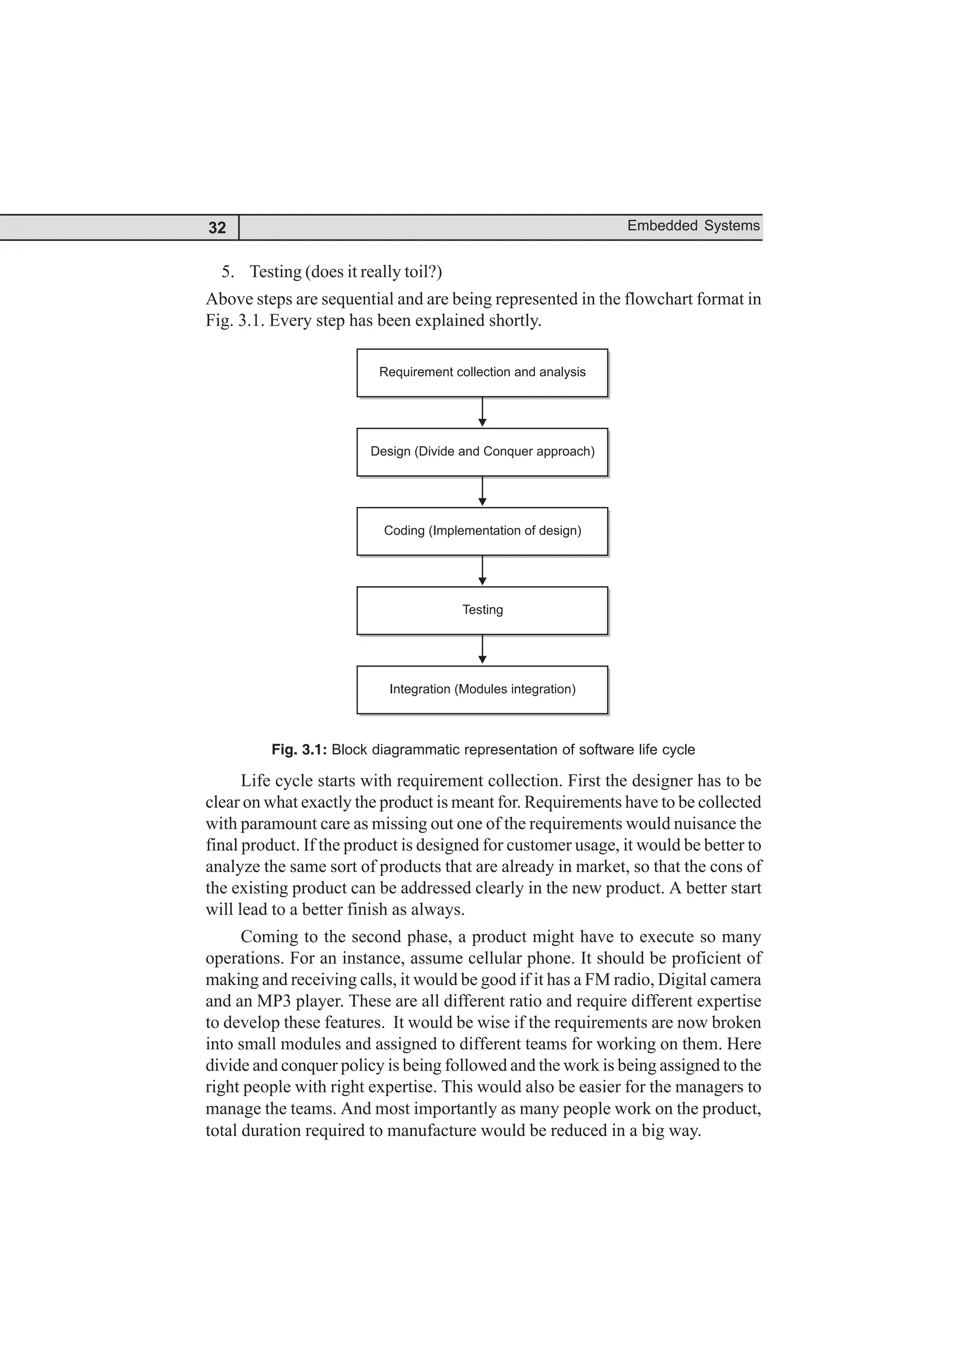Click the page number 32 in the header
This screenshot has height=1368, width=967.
(217, 228)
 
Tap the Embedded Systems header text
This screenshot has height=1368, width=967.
(693, 226)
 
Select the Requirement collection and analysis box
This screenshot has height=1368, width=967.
(482, 372)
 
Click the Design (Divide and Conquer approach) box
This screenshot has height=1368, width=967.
(482, 452)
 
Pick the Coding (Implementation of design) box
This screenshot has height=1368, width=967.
(482, 531)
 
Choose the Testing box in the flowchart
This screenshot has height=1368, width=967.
(482, 610)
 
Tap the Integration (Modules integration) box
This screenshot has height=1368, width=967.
(482, 689)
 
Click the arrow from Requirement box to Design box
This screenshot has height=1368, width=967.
(482, 412)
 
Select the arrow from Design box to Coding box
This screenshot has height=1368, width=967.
(482, 491)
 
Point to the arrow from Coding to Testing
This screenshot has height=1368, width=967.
(482, 571)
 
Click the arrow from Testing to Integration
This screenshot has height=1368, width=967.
(482, 650)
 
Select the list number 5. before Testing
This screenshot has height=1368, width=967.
(228, 272)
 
